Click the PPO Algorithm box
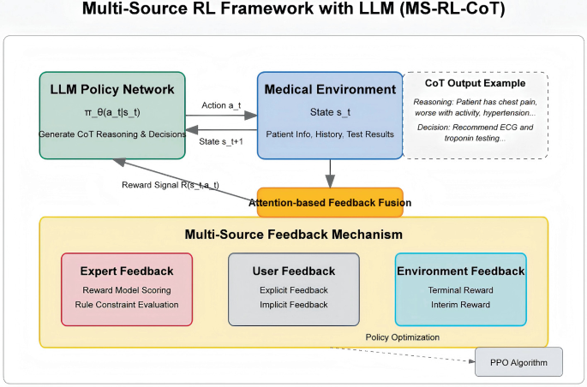coord(518,362)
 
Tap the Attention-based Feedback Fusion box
coord(330,202)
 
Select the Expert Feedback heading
coord(127,271)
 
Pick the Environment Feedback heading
coord(460,271)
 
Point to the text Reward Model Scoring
coord(127,289)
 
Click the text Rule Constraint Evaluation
coord(127,304)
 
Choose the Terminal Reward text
coord(460,289)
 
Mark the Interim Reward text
coord(460,304)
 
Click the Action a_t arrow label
coord(220,105)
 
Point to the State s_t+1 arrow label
coord(221,141)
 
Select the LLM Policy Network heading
coord(112,89)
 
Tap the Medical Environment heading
coord(330,89)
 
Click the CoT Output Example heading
coord(475,84)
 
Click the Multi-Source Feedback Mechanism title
coord(294,234)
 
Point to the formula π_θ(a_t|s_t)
coord(112,112)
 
